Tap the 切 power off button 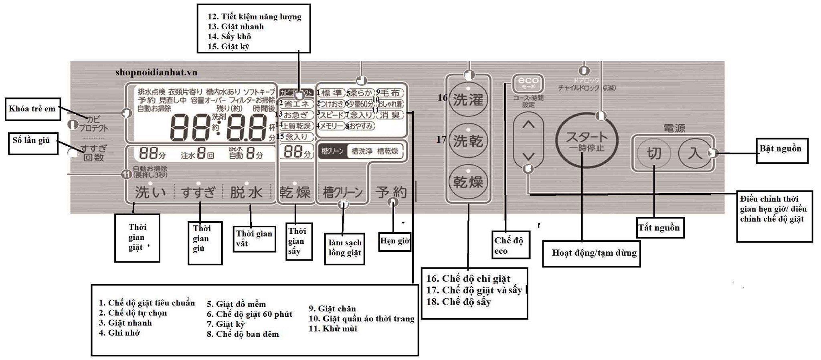(x=654, y=153)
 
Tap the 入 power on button (x=695, y=153)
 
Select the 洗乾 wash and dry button (x=468, y=141)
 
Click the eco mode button (x=528, y=84)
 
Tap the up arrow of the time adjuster (x=529, y=125)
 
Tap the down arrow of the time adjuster (x=529, y=156)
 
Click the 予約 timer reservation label (x=391, y=192)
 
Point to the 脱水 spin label (x=246, y=192)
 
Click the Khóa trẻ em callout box (x=32, y=109)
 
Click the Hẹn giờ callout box (x=395, y=241)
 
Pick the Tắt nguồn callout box (x=659, y=228)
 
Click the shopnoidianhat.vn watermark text (x=156, y=72)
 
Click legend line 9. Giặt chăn (x=332, y=309)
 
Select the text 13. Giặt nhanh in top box (x=236, y=26)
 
